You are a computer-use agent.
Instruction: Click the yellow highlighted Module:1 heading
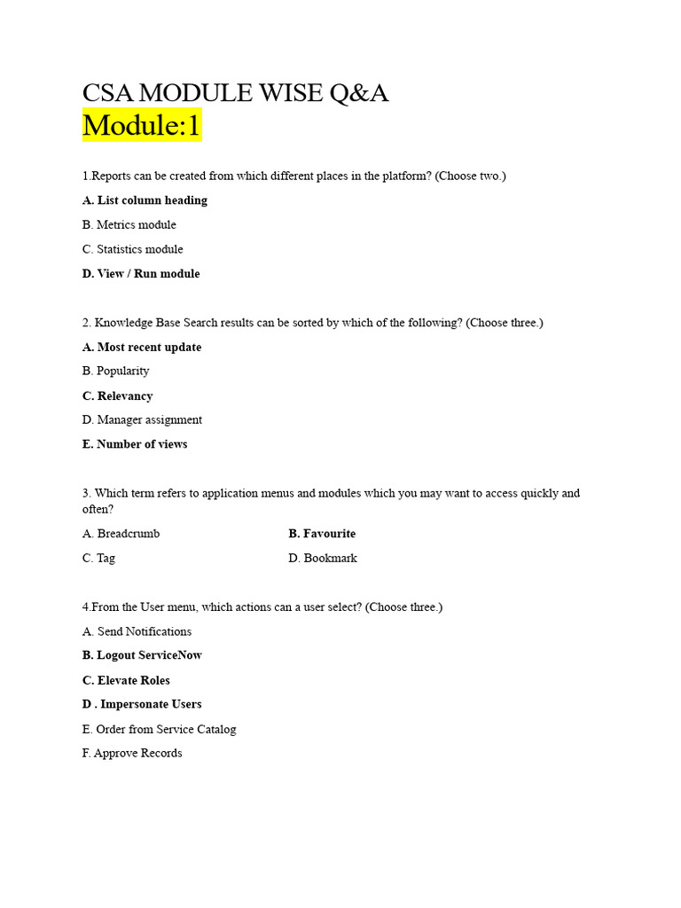[142, 126]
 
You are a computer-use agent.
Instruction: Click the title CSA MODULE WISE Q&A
[235, 93]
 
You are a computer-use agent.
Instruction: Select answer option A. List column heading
[145, 200]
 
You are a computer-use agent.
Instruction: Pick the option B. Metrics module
[129, 225]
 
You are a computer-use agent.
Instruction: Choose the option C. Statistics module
[133, 249]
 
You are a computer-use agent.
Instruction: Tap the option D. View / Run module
[141, 274]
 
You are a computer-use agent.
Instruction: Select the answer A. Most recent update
[142, 348]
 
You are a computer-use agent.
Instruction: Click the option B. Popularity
[116, 372]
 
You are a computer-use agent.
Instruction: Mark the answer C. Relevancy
[118, 396]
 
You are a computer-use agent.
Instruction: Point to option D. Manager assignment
[142, 420]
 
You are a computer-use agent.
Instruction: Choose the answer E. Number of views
[135, 444]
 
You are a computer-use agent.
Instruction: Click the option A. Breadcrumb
[121, 534]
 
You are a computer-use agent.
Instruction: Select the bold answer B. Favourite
[322, 534]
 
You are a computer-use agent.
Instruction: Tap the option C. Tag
[99, 559]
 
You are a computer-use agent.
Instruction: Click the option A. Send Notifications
[137, 632]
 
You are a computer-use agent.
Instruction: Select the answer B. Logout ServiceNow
[142, 655]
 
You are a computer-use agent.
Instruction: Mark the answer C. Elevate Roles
[126, 681]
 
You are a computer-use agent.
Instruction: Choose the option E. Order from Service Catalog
[160, 730]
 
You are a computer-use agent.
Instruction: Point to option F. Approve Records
[132, 754]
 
